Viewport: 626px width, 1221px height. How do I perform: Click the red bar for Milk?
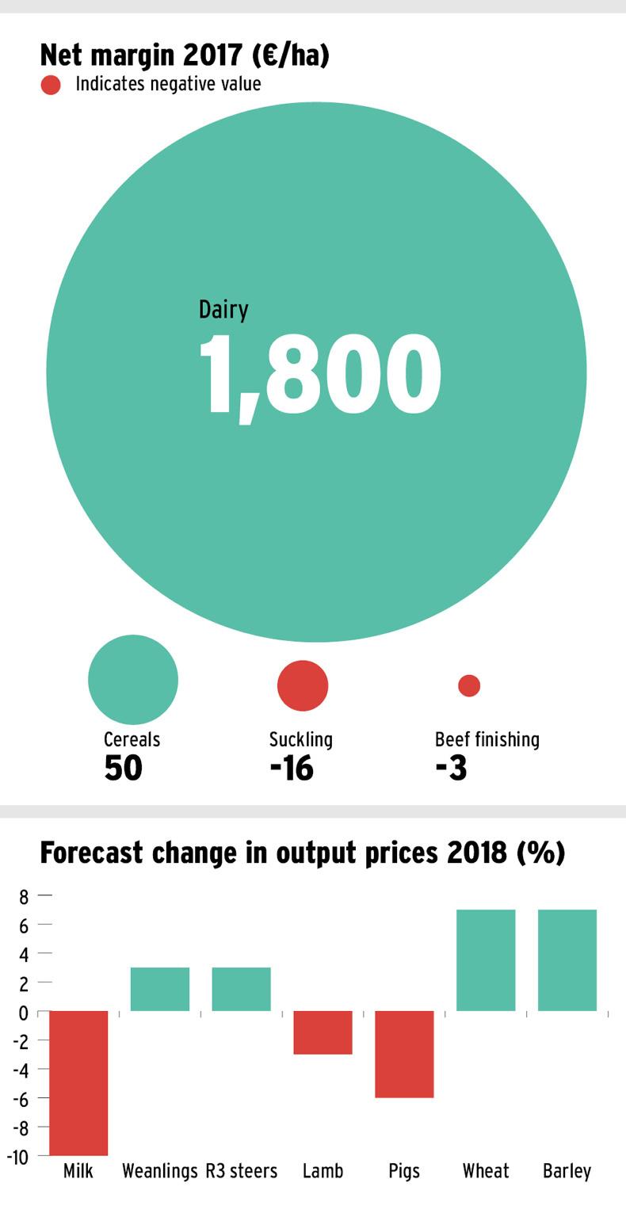78,1082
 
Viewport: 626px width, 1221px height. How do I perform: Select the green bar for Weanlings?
160,989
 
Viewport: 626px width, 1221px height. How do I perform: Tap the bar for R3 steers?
242,989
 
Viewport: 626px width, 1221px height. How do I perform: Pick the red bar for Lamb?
323,1032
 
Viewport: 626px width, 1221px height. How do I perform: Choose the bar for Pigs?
404,1054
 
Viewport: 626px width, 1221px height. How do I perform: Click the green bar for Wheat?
486,960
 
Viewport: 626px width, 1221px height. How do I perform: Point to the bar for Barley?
567,960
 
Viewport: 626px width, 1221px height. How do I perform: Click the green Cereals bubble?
133,679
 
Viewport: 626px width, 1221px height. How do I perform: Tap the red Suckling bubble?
303,685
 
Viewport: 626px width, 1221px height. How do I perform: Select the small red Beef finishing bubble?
469,685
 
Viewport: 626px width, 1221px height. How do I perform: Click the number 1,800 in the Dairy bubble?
319,376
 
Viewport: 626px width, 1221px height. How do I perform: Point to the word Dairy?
223,309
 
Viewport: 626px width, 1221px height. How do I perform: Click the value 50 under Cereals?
123,768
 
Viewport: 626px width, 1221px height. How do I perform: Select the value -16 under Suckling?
292,768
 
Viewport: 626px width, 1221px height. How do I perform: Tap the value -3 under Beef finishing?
451,768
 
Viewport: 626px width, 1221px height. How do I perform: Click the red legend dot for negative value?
51,85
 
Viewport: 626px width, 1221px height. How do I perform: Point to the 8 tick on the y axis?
24,896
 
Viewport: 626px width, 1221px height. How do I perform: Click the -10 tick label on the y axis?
18,1157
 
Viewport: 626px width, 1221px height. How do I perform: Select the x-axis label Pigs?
404,1171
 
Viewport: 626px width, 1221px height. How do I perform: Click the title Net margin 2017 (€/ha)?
185,55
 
